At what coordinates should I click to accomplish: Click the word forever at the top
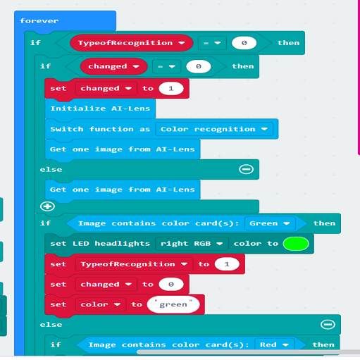(x=39, y=20)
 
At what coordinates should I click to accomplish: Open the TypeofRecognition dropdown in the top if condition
(x=130, y=43)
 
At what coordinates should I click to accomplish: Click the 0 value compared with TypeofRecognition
(x=244, y=43)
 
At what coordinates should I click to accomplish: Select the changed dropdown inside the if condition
(x=113, y=66)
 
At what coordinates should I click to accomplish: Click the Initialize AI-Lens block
(x=101, y=108)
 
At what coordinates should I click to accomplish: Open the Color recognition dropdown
(x=214, y=129)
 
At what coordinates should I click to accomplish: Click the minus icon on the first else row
(x=246, y=169)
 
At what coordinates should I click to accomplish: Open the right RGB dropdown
(x=192, y=244)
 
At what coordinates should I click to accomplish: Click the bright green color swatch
(x=296, y=244)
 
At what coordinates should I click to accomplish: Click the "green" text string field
(x=174, y=304)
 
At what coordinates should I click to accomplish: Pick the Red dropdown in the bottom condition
(x=275, y=345)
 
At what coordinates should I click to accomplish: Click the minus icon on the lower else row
(x=328, y=325)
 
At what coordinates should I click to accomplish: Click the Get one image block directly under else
(x=123, y=190)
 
